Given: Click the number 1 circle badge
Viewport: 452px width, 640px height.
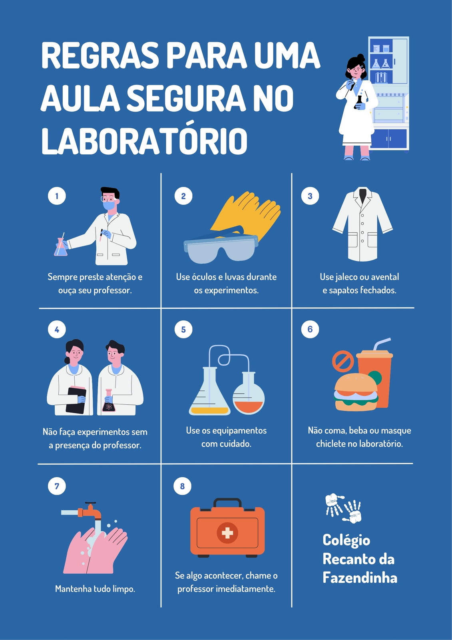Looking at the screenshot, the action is click(57, 196).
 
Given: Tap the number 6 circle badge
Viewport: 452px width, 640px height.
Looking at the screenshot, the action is click(310, 329).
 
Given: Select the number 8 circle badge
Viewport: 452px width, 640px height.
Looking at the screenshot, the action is click(183, 486).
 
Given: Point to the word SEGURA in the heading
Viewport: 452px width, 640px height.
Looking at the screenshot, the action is click(186, 98).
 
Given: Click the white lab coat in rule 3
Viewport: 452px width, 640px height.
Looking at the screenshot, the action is click(362, 224).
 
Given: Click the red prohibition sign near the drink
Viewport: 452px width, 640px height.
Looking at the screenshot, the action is click(343, 362).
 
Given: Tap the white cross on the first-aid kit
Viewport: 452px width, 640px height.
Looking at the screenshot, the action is click(227, 533).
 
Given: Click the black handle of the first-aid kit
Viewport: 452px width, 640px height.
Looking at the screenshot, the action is click(227, 502).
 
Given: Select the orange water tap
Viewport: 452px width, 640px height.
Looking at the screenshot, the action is click(90, 511).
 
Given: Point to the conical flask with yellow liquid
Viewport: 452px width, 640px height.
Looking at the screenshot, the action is click(209, 392).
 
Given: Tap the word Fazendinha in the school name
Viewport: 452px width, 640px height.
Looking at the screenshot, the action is click(360, 578).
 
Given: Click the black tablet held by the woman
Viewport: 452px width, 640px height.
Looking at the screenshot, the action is click(76, 400).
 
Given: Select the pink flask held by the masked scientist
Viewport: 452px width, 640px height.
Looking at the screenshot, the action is click(61, 247).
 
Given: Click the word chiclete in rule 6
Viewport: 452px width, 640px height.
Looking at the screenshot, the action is click(331, 444).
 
